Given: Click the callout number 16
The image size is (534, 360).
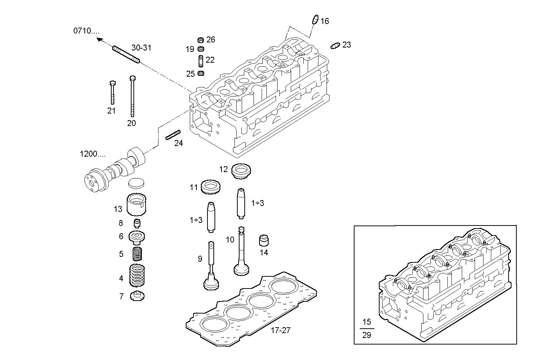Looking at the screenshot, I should pos(324,21).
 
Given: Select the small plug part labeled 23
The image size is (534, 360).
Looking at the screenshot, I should pos(335,46).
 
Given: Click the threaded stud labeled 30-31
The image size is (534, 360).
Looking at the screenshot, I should pos(126,54).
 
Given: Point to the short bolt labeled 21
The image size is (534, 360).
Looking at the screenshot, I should pos(112,92).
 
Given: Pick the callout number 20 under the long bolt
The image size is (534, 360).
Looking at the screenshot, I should pos(132,123).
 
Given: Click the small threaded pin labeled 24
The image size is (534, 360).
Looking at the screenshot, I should pos(173,135).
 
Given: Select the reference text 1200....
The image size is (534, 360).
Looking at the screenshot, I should pos(93,154).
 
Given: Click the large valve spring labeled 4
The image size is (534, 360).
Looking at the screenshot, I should pos(137,275).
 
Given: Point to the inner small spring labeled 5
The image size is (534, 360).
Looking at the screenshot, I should pos(137,254).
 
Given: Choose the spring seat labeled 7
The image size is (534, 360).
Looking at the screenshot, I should pos(138,296).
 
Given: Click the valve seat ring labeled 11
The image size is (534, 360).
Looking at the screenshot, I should pos(212,187).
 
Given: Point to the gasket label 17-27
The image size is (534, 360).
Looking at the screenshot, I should pos(280,331).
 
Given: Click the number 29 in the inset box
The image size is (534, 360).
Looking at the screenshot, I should pos(366,335).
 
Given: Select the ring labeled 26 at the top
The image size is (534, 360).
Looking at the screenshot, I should pos(201,40).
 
